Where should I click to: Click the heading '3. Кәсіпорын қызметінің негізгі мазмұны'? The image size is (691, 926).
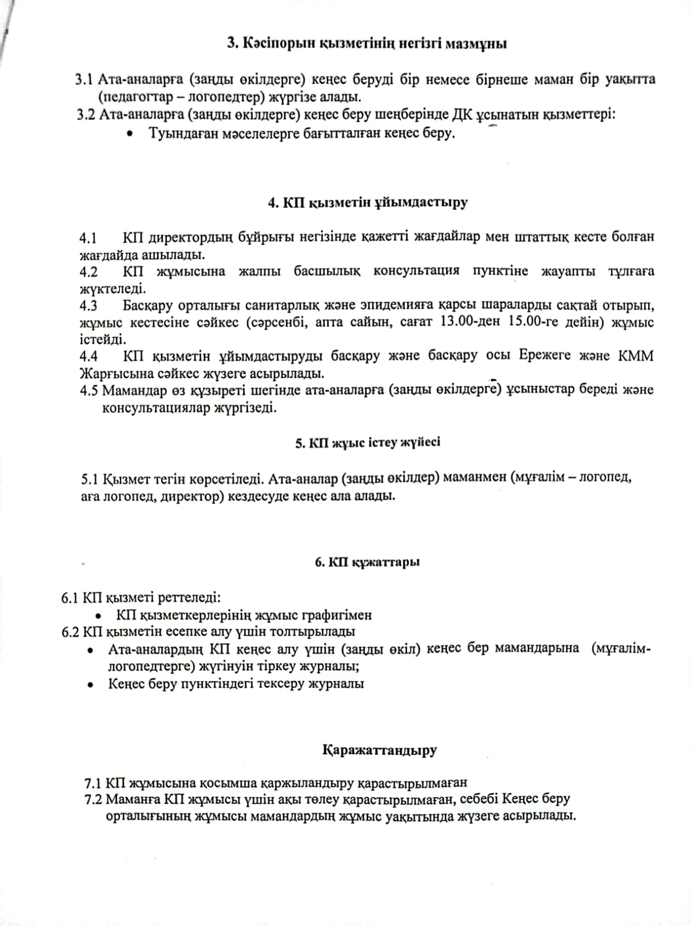tap(367, 43)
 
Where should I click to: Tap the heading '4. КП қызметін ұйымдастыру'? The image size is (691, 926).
tap(367, 203)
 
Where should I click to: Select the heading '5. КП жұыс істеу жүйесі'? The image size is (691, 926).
tap(367, 443)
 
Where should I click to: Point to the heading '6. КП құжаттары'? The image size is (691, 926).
tap(367, 562)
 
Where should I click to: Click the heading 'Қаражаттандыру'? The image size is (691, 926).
tap(379, 750)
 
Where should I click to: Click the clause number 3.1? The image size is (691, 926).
tap(84, 79)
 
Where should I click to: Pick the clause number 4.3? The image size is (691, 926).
tap(89, 306)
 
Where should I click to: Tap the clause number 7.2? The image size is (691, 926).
tap(93, 799)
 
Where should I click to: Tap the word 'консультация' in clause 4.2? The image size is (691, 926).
tap(416, 271)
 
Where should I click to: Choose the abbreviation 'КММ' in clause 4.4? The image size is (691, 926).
tap(638, 355)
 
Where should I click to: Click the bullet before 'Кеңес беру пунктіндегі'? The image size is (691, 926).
tap(90, 685)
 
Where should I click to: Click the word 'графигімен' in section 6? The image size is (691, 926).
tap(337, 615)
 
